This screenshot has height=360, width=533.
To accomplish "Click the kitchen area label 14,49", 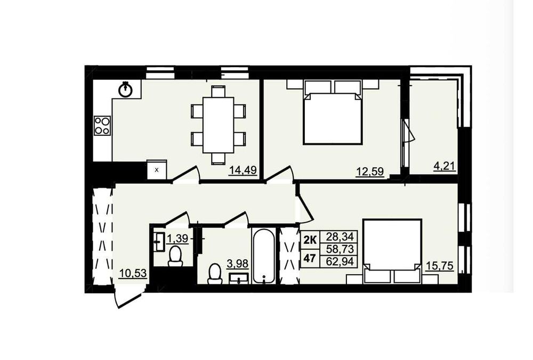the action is [x=243, y=170].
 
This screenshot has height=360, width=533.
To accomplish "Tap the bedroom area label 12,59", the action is [x=370, y=172].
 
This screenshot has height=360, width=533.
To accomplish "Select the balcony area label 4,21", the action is [x=444, y=167].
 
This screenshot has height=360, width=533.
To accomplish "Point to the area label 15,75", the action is [x=440, y=266].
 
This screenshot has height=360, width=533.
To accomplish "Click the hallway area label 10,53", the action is [x=133, y=273].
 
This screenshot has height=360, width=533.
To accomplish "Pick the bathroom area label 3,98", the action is [x=238, y=264].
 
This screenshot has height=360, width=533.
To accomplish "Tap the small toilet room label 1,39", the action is [x=177, y=239].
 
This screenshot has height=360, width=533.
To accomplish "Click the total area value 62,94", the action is [x=340, y=261].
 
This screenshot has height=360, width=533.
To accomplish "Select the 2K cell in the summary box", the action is [x=310, y=240].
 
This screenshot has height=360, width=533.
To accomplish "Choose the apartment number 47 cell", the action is [x=309, y=258].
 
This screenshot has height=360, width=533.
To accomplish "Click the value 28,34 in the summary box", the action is [x=340, y=236].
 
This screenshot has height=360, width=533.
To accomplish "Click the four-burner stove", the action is [x=102, y=126].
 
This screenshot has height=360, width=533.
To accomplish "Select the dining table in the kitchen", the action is [x=218, y=125].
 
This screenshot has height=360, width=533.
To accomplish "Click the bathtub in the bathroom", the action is [x=263, y=256].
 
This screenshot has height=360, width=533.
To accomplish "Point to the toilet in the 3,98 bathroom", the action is [x=214, y=274].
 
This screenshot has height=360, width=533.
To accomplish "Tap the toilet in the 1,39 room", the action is [x=175, y=256].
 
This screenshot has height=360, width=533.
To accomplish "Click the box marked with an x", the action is [x=157, y=169].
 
